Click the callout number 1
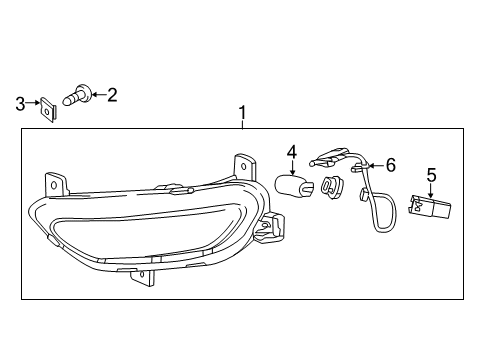[241, 114]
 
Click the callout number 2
[111, 95]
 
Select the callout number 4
[292, 152]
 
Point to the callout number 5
[431, 175]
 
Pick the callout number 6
[391, 164]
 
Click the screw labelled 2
[77, 97]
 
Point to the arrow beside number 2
[97, 96]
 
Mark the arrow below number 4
[291, 166]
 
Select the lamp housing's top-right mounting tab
[241, 163]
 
